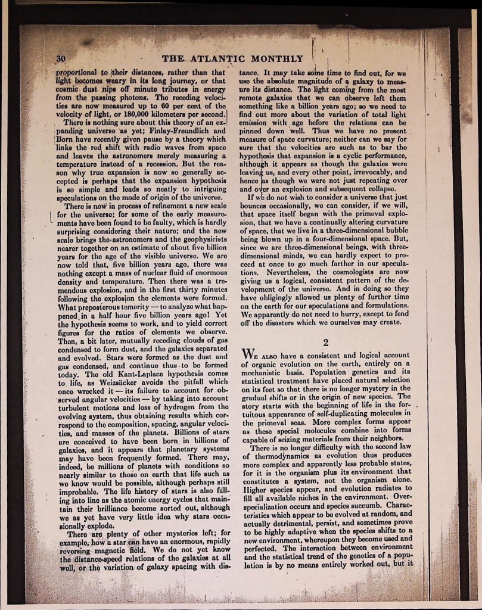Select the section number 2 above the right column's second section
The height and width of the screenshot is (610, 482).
tap(325, 341)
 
